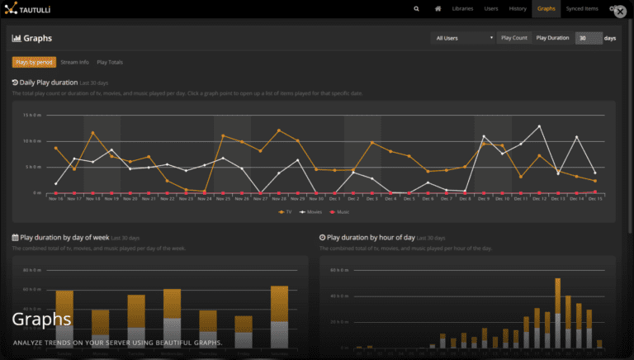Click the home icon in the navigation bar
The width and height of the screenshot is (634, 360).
point(438,8)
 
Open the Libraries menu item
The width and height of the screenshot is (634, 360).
point(463,8)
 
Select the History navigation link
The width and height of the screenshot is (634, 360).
point(518,8)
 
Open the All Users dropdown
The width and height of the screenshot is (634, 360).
point(463,38)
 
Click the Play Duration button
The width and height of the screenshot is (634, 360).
point(553,38)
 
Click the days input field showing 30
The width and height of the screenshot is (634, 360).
point(588,38)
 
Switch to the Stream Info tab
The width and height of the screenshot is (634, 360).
point(74,62)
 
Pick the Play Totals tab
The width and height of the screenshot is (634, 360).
point(110,62)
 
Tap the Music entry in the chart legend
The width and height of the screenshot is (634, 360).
point(340,211)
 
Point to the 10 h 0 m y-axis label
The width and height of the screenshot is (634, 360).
point(32,141)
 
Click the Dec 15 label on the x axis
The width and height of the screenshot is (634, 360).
point(594,199)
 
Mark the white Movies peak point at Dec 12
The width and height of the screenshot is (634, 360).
point(539,126)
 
